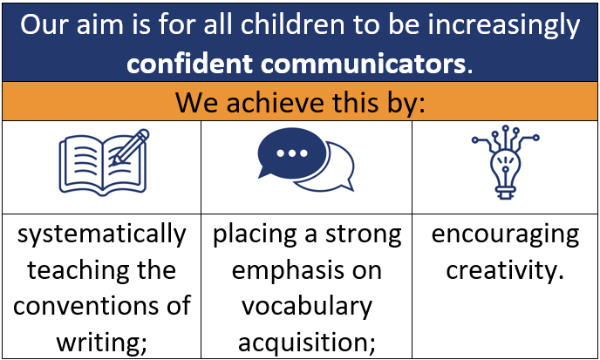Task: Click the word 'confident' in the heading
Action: point(189,63)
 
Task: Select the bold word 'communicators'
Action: point(363,63)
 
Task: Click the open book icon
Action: point(103,163)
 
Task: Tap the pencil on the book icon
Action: point(130,147)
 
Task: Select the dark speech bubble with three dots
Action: point(293,153)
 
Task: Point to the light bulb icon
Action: point(506,162)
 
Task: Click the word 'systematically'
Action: point(102,234)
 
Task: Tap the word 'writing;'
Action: point(102,341)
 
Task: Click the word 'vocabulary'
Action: point(307,307)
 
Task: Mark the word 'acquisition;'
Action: point(307,343)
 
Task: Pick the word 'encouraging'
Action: point(505,234)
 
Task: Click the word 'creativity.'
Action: point(505,270)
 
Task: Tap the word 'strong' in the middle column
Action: point(364,234)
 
